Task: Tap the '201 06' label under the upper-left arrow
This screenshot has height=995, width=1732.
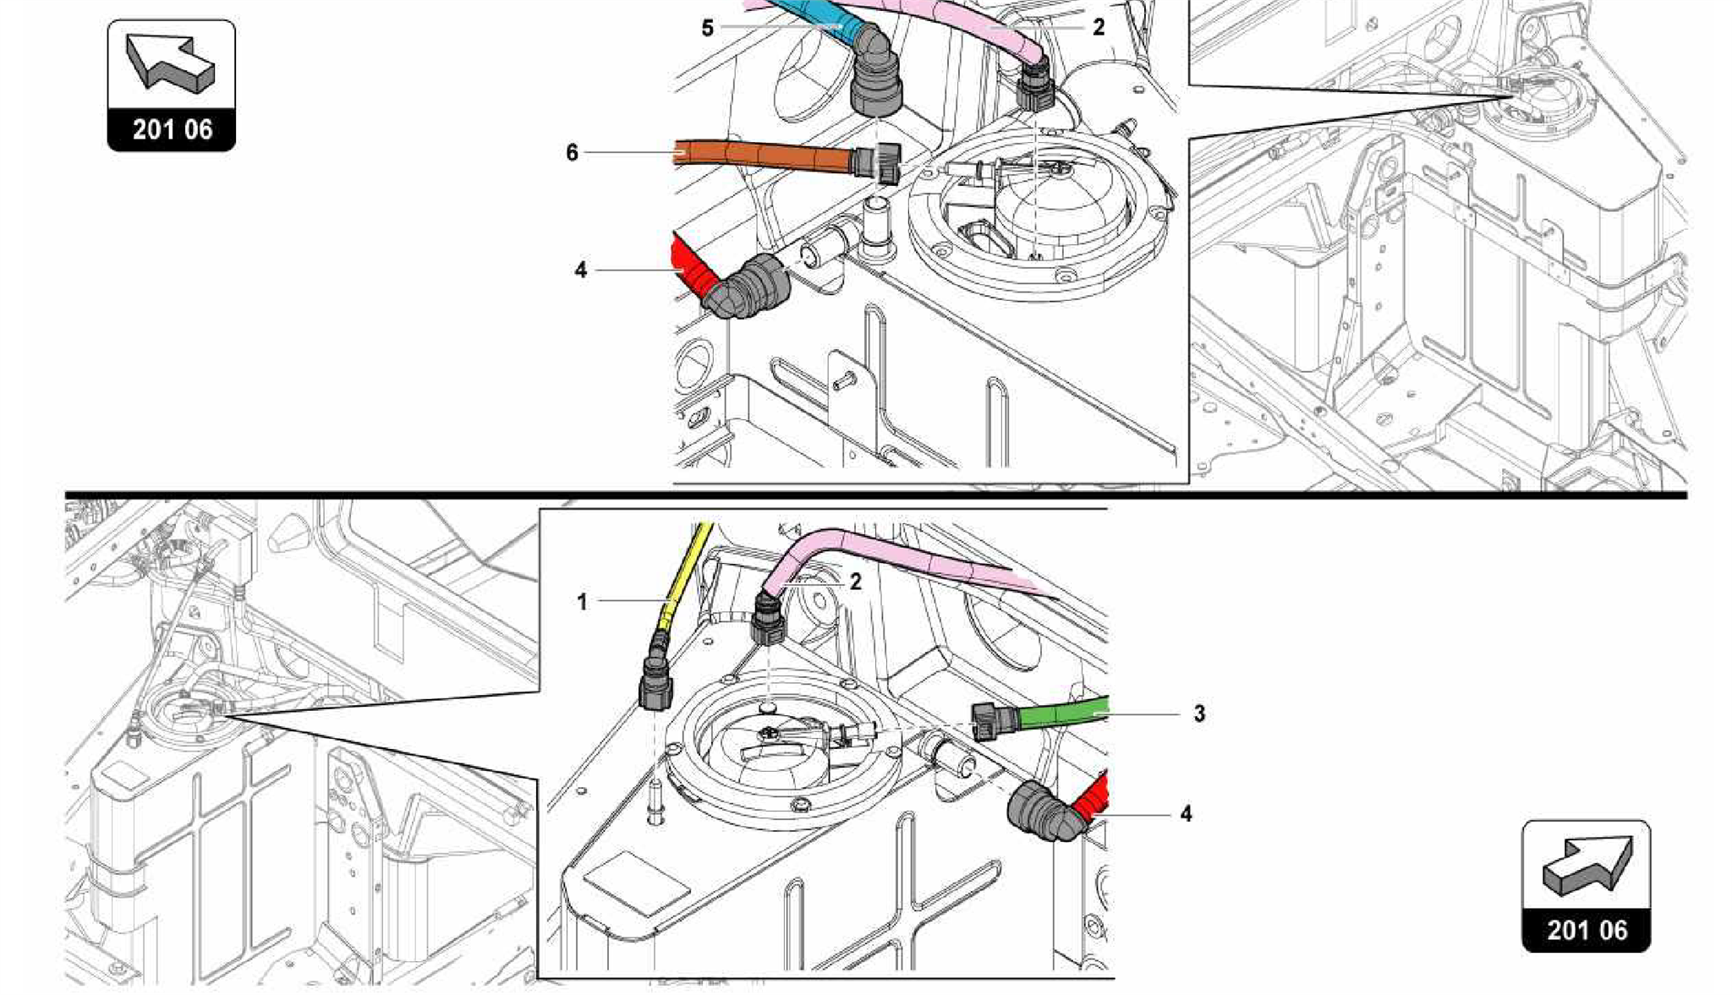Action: pos(172,130)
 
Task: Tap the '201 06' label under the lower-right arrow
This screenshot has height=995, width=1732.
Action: pos(1587,930)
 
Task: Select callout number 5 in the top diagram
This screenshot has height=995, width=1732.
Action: pos(707,28)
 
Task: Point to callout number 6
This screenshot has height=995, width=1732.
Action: pos(573,153)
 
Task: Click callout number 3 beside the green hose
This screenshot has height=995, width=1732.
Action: pos(1199,713)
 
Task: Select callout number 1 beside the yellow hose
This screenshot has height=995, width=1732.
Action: pos(582,602)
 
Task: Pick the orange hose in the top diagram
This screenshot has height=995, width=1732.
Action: pos(761,156)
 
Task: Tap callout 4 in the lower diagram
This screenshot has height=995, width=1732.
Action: pos(1186,813)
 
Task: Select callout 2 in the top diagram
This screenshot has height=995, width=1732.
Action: pos(1098,28)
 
